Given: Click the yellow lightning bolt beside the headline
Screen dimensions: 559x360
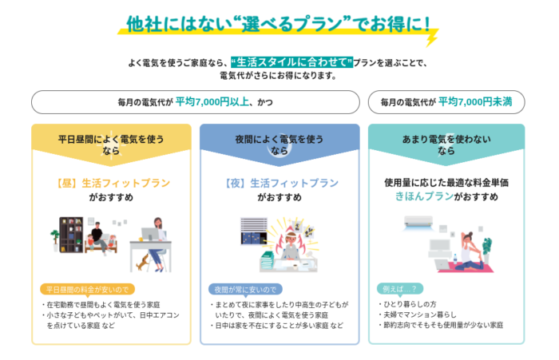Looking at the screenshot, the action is pos(432,38).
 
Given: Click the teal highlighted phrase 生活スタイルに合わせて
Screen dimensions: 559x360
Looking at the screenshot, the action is pos(291,62).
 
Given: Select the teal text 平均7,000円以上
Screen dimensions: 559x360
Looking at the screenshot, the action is pos(212,102).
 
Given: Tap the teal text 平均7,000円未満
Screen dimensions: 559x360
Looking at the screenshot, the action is pos(475,102).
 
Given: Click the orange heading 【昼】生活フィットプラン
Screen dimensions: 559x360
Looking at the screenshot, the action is pos(111,184).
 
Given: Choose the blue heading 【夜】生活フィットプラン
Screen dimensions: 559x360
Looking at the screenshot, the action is pos(279,184).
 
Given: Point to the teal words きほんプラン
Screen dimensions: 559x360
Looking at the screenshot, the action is pos(424,196).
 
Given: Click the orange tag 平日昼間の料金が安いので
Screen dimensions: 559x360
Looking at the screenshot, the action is pos(87,290).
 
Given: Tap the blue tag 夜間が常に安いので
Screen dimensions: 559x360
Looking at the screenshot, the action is pos(245,290).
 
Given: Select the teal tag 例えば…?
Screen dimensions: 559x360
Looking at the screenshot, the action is pos(399,289).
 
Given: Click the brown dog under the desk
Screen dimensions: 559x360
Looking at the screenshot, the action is pos(143,263).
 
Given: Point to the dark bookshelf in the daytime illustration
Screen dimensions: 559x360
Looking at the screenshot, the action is pos(71,235).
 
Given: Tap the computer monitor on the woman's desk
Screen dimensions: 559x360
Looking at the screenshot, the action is pos(150,235).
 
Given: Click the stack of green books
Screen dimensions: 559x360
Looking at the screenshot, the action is pos(268,261).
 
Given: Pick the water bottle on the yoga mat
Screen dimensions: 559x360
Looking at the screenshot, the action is pos(455,259).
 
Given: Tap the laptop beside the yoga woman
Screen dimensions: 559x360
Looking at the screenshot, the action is pos(442,264).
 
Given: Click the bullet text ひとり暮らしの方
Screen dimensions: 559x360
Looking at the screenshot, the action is pos(410,304).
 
